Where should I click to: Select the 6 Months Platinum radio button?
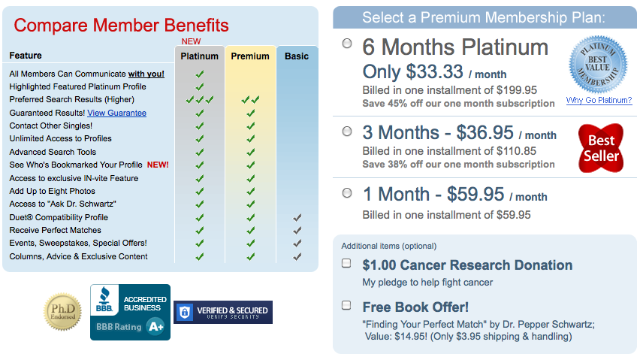click(x=347, y=44)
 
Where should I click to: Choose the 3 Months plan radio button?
click(x=347, y=131)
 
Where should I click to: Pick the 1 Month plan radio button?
click(x=347, y=192)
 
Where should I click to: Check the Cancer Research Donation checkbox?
click(x=346, y=263)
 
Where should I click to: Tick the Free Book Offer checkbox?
click(x=346, y=305)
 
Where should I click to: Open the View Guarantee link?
click(x=116, y=113)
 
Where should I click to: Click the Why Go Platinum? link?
click(x=599, y=101)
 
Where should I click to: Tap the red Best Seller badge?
click(x=601, y=148)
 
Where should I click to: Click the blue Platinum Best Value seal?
click(x=599, y=64)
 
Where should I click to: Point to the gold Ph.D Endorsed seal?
click(x=62, y=311)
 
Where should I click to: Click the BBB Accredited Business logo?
click(x=130, y=312)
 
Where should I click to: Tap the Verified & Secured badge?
click(x=223, y=312)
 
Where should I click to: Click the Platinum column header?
click(x=200, y=56)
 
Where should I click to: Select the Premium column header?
click(x=250, y=56)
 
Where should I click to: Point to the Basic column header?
click(x=297, y=56)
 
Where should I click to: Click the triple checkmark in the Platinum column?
click(x=200, y=100)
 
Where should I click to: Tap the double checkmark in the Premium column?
click(x=250, y=100)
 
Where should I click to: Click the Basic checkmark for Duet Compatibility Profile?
click(x=297, y=217)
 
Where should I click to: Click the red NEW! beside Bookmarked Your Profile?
click(x=158, y=165)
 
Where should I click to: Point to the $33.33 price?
click(x=435, y=72)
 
